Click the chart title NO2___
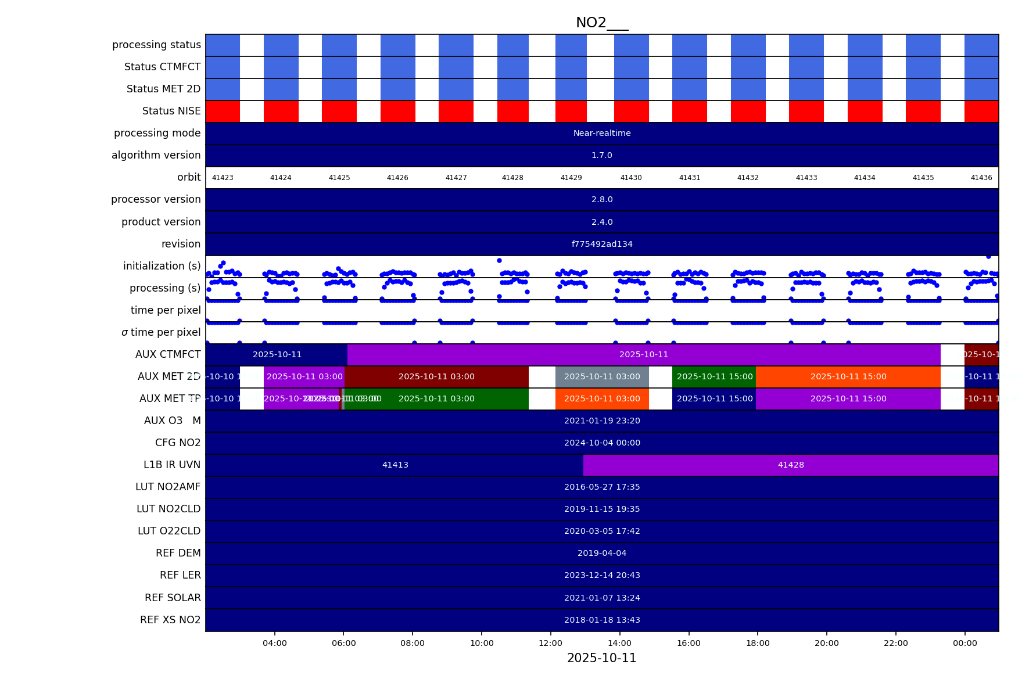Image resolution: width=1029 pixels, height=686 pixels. (602, 23)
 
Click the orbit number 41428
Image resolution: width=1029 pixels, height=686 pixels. (512, 178)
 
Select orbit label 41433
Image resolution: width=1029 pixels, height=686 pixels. (806, 178)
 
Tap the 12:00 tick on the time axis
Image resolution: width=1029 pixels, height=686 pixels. (551, 643)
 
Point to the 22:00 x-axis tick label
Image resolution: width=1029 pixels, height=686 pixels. (896, 643)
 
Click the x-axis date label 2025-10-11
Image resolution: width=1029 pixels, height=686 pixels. (602, 658)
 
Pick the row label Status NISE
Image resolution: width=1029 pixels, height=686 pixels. (171, 111)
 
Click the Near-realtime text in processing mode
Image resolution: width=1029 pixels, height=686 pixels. (602, 134)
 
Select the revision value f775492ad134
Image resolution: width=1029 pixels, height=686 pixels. (602, 244)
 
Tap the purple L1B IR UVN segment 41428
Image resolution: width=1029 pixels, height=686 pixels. (791, 465)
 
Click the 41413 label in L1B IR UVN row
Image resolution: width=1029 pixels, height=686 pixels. (395, 465)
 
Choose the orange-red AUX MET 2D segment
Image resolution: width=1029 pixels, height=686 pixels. (848, 377)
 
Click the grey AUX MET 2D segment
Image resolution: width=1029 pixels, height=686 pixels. (602, 377)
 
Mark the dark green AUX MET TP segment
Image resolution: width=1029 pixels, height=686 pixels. (436, 399)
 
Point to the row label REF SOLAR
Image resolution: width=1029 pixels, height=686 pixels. (173, 598)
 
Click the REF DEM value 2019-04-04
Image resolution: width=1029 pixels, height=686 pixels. (602, 554)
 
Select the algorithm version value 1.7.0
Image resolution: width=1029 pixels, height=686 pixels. (602, 156)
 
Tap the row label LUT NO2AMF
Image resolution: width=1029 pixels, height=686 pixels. (168, 487)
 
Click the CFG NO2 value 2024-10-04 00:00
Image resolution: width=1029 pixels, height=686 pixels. (602, 443)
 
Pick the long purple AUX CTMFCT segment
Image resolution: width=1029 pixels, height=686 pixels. (644, 355)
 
